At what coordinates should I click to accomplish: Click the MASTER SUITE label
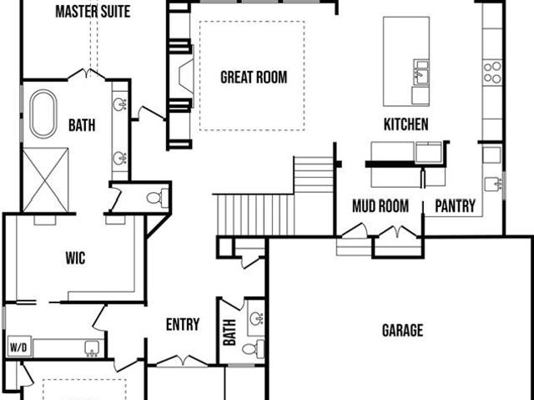(93, 12)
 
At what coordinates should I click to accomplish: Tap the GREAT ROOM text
(254, 78)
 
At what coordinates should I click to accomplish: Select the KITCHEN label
(406, 124)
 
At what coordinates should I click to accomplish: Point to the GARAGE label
(402, 330)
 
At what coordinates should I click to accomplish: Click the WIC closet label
(75, 258)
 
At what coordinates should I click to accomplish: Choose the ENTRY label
(183, 324)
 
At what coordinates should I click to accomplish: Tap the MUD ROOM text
(380, 206)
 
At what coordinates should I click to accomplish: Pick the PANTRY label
(455, 205)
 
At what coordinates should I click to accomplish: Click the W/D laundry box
(19, 347)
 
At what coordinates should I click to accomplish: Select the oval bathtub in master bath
(43, 114)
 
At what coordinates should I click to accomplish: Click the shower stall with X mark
(46, 180)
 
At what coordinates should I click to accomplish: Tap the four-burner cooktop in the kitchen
(492, 72)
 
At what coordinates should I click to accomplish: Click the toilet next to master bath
(158, 198)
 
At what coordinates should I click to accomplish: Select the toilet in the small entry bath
(253, 349)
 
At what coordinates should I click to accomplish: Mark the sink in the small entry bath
(256, 319)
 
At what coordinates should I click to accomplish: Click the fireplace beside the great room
(186, 76)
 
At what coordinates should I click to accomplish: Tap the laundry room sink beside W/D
(91, 347)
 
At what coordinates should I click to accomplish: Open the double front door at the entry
(182, 361)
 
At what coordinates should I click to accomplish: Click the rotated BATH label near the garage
(229, 332)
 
